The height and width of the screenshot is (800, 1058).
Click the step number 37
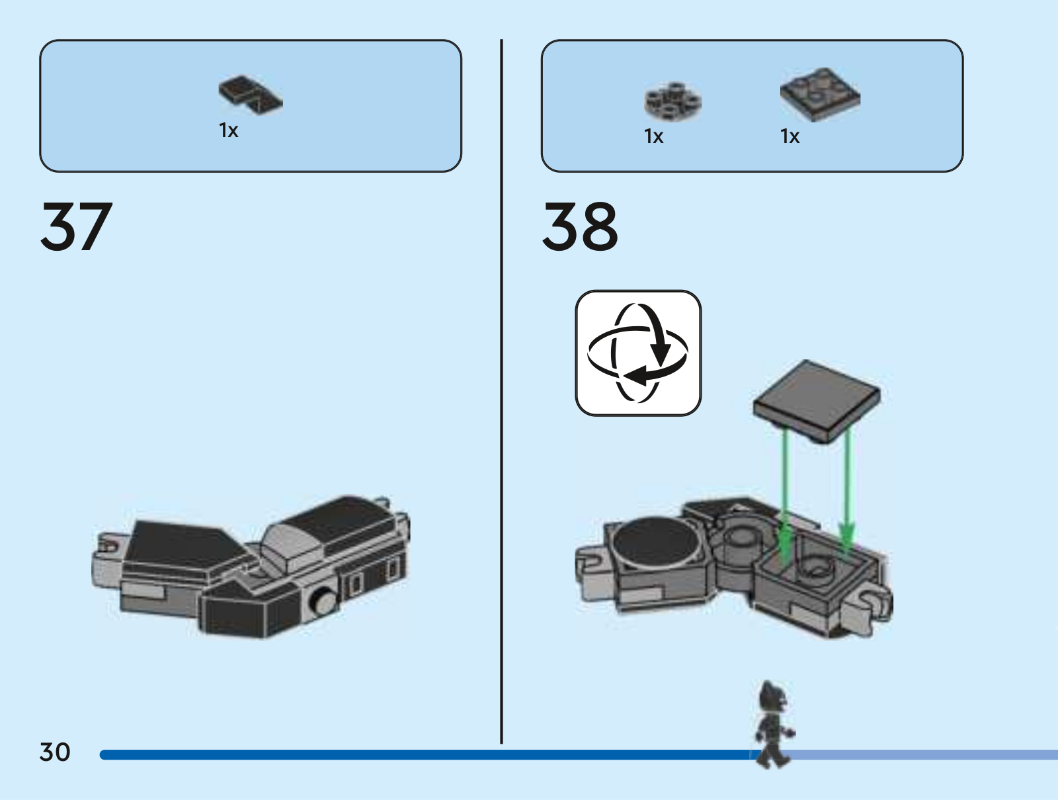(x=77, y=227)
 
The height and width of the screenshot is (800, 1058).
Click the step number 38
(x=580, y=227)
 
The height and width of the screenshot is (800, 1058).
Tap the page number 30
(x=55, y=752)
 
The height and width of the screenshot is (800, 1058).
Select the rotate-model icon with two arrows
(x=638, y=353)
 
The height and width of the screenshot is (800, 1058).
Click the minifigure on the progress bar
(x=773, y=723)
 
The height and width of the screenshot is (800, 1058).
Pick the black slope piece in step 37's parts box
(x=251, y=95)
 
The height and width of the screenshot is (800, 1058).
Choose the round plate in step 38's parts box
(x=672, y=101)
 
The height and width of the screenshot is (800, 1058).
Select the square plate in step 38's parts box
(x=820, y=95)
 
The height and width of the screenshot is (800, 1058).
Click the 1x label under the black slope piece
(x=229, y=130)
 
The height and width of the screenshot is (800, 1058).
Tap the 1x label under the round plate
(x=653, y=136)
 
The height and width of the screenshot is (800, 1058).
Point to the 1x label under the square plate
(x=790, y=136)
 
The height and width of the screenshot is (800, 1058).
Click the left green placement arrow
(x=785, y=497)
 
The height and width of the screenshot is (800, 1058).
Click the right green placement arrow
(x=847, y=490)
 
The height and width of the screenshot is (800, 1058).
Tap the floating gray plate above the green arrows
(x=817, y=401)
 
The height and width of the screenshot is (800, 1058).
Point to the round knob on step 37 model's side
(x=323, y=601)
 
